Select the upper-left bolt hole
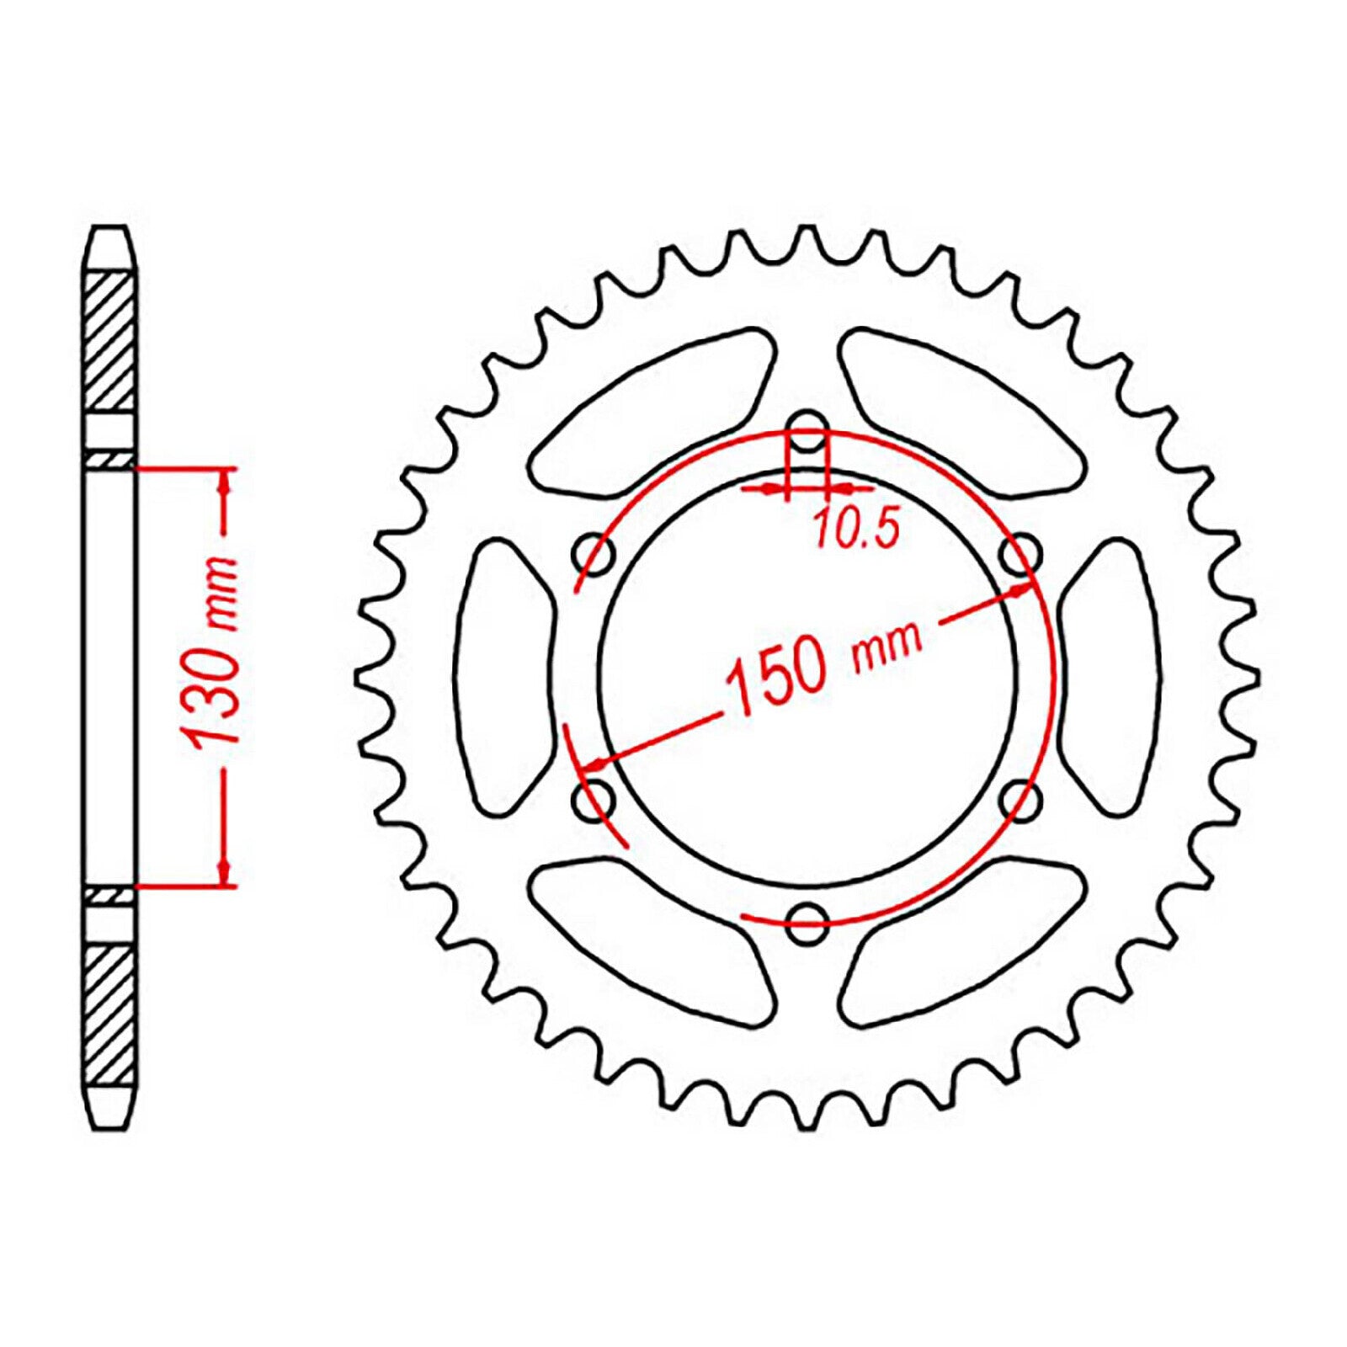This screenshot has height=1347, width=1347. point(594,553)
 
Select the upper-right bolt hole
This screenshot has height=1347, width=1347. point(1021,553)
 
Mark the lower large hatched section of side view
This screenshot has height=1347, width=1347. point(110,1014)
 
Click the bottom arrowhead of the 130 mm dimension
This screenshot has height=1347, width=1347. point(224,870)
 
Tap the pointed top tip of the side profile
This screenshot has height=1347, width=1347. point(110,230)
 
